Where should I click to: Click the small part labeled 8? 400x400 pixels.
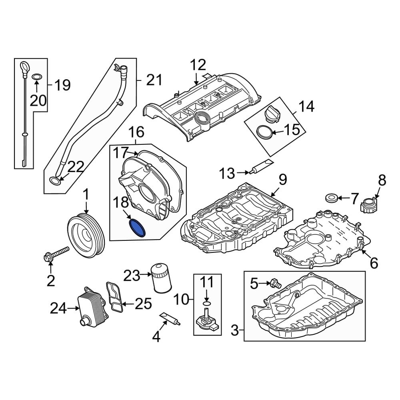click(x=368, y=206)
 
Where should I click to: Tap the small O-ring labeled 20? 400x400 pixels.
click(x=36, y=76)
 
